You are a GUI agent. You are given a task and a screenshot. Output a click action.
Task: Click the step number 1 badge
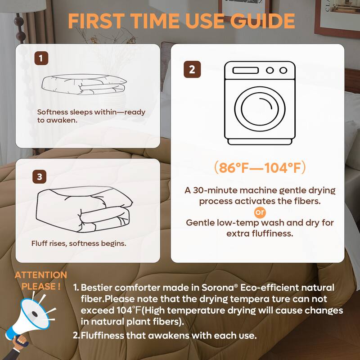point(41,58)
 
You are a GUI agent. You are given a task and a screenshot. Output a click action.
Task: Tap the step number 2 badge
point(192,70)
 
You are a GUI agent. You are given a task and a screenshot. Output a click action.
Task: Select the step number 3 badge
point(40,177)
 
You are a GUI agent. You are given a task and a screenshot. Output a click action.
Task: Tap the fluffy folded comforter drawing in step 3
point(83,207)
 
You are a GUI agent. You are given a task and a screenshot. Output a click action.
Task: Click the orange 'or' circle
point(260,212)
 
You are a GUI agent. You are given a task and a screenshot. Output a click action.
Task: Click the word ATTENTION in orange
point(41,275)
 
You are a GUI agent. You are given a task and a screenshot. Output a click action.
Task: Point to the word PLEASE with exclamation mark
point(41,286)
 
